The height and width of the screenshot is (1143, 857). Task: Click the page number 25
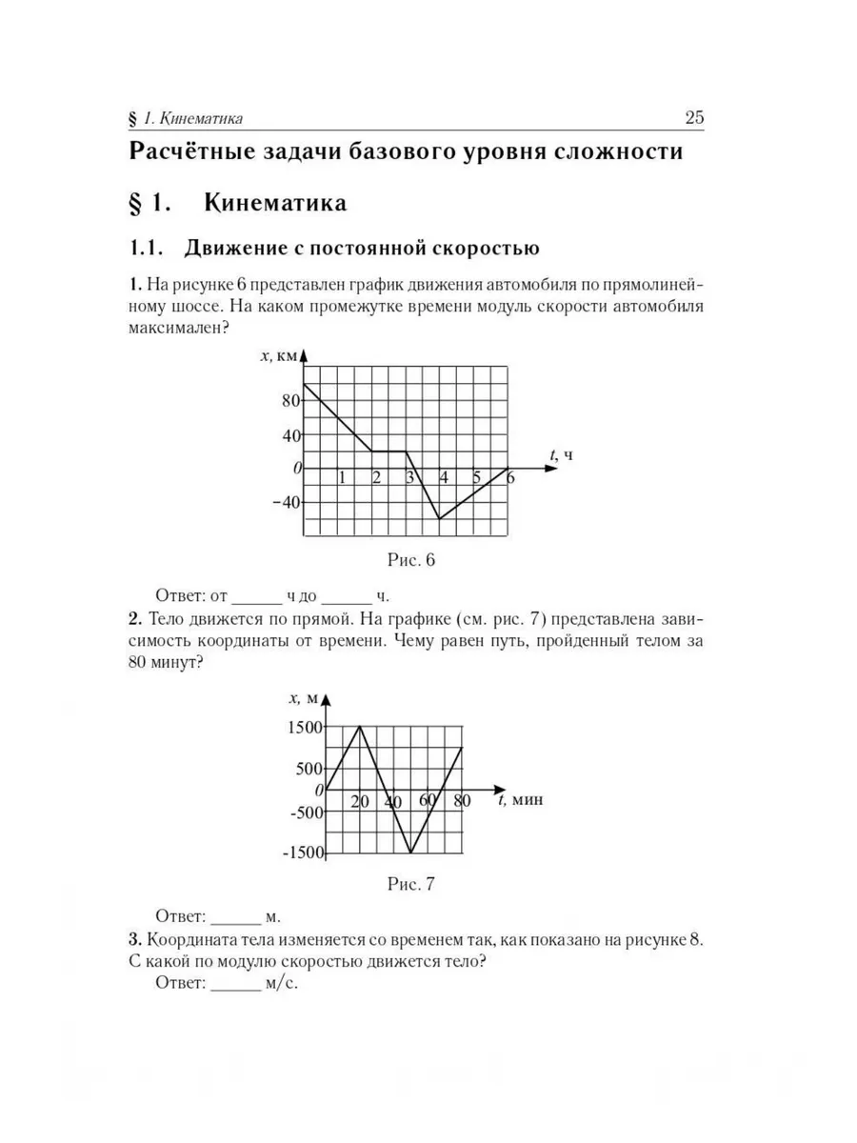point(693,119)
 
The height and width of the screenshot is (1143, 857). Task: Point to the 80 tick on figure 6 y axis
point(289,400)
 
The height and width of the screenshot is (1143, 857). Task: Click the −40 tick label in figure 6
point(284,502)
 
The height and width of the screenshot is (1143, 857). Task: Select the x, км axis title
point(278,355)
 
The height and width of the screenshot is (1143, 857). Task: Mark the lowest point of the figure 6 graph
point(440,519)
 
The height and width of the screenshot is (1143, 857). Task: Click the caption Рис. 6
point(410,560)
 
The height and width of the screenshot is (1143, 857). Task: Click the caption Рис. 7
point(410,884)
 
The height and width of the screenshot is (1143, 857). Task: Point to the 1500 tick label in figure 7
point(305,728)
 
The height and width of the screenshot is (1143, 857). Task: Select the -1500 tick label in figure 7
point(302,852)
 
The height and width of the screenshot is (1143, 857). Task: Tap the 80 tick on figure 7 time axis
point(462,801)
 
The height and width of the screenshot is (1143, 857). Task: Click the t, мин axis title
point(520,800)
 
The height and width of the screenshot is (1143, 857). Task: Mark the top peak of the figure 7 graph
point(360,727)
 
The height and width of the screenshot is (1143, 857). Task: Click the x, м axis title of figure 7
point(303,698)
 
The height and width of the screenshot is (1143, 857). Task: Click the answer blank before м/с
point(234,984)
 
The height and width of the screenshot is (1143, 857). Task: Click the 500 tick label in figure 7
point(309,769)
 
